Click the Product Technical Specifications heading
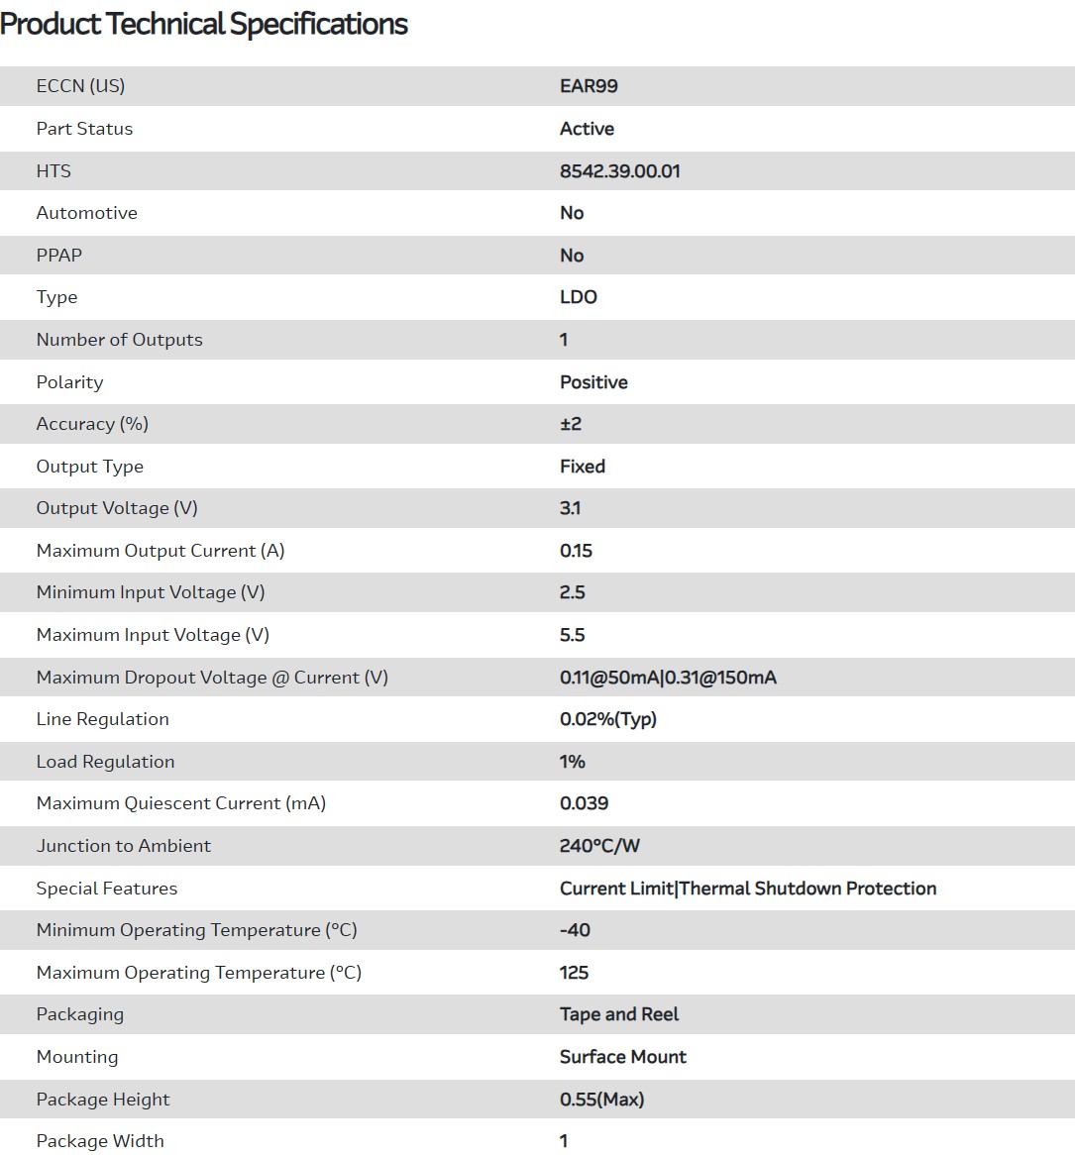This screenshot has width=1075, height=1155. tap(204, 24)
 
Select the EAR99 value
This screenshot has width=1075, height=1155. tap(589, 86)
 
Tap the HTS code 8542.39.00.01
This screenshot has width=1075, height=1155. tap(619, 171)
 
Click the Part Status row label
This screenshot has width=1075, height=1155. tap(84, 129)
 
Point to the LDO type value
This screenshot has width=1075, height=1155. tap(578, 297)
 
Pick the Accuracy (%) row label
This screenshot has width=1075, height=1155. tap(92, 424)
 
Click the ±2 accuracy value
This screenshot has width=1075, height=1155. tap(571, 424)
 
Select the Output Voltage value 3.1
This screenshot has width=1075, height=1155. tap(570, 508)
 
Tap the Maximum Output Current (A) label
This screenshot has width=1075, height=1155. tap(161, 551)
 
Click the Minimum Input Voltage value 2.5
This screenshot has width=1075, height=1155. tap(572, 592)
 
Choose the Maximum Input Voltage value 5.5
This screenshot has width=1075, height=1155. tap(572, 635)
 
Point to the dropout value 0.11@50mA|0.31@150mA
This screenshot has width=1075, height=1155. tap(668, 678)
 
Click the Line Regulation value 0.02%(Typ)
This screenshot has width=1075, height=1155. tap(607, 719)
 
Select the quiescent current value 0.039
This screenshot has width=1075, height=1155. tap(584, 803)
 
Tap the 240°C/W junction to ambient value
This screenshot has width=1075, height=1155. tap(599, 846)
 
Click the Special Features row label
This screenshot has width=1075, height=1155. tap(107, 889)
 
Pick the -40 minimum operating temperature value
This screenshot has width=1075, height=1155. tap(575, 930)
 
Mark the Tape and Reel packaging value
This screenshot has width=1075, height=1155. tap(619, 1014)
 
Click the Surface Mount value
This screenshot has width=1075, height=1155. tap(622, 1057)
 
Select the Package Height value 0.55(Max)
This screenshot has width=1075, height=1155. tap(601, 1100)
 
